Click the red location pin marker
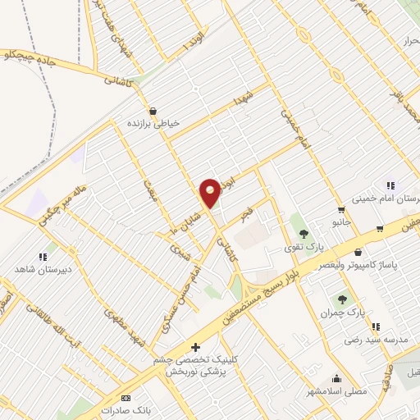coord(211,192)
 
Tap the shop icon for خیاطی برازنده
coord(153,111)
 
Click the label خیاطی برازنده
coord(153,123)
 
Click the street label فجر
coord(249,215)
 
